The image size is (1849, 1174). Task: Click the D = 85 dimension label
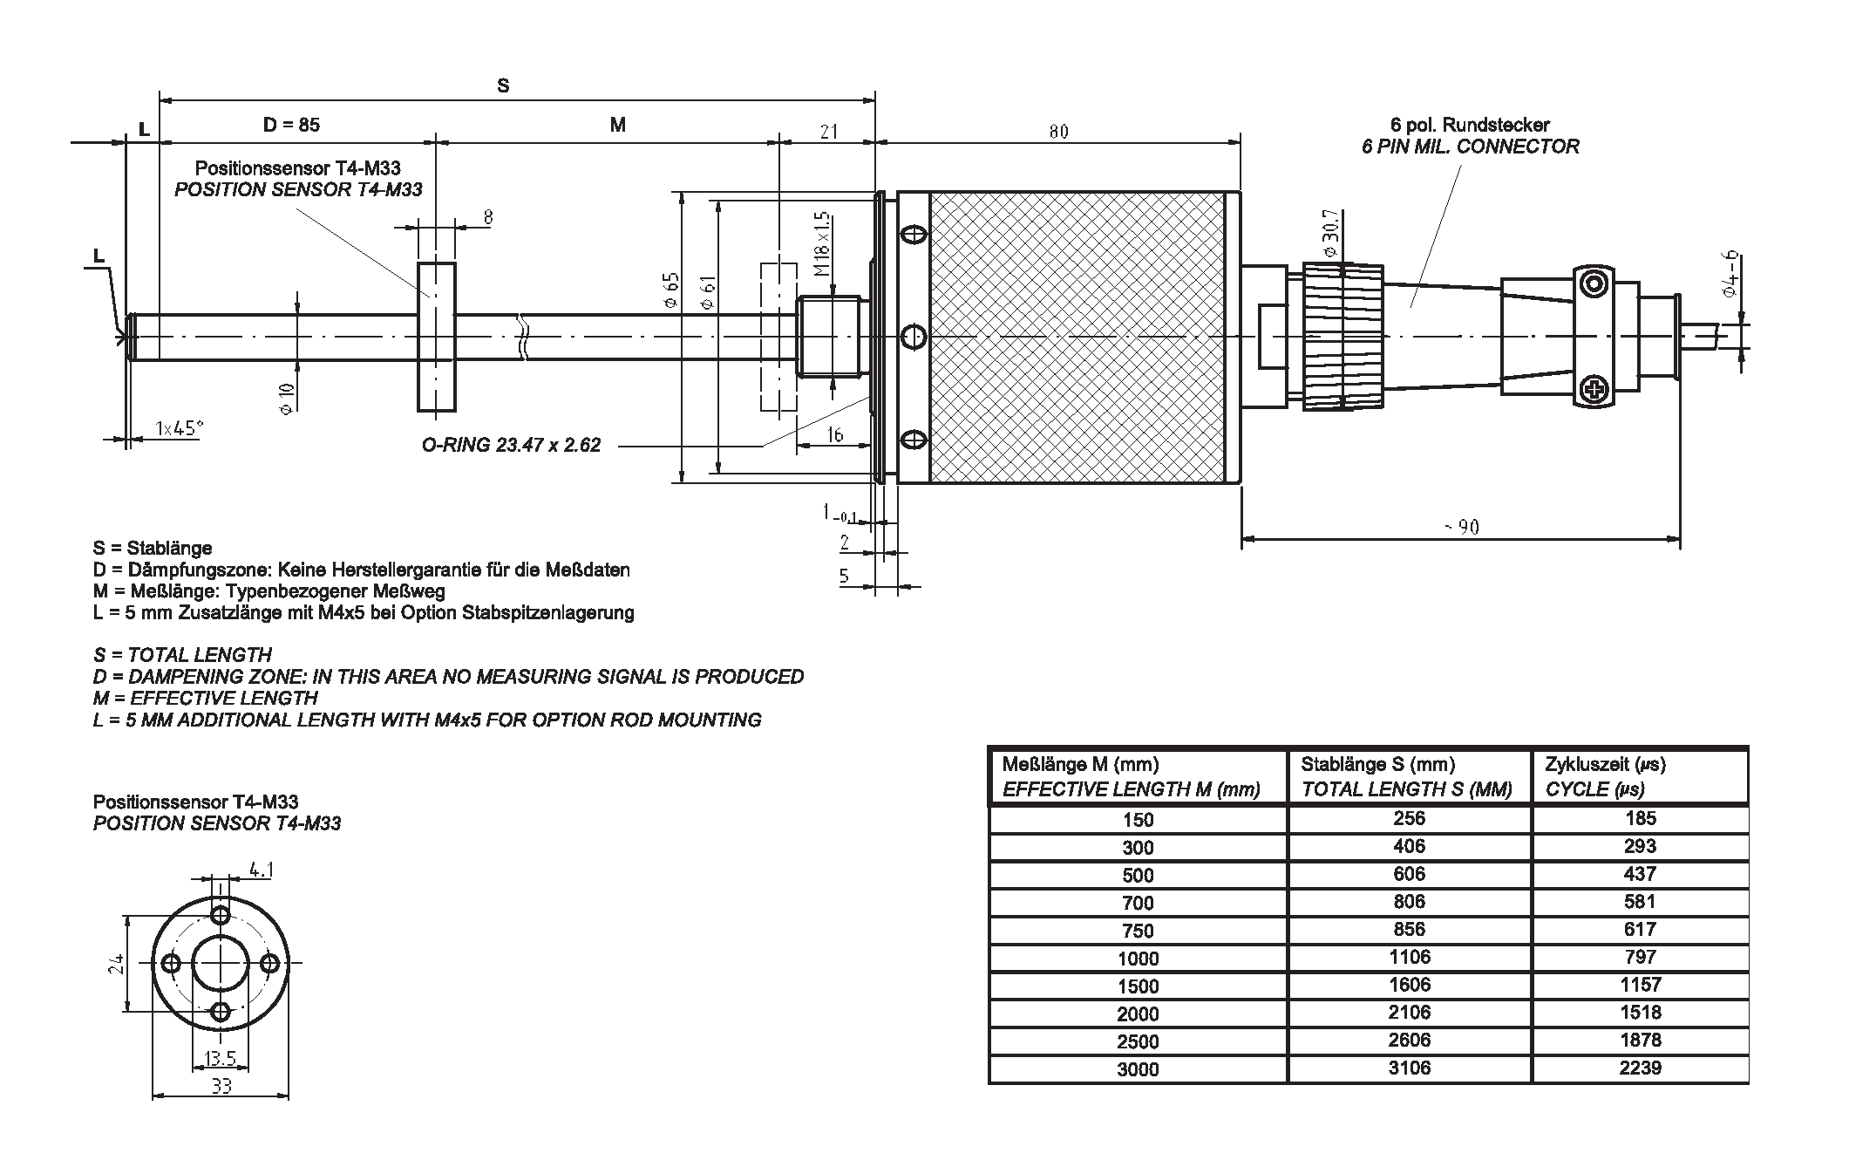coord(291,125)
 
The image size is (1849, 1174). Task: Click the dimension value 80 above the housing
coord(1058,131)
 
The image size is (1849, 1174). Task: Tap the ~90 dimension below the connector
coord(1461,527)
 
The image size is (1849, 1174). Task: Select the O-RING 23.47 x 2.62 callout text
coord(511,445)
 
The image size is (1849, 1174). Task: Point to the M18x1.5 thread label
coord(822,243)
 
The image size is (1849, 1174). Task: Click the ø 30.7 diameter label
coord(1330,233)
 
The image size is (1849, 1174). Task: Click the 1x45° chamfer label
coord(179,427)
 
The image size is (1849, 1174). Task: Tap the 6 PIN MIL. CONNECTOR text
coord(1470,147)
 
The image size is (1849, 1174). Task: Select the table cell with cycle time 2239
coord(1640,1068)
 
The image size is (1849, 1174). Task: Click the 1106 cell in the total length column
coord(1409,957)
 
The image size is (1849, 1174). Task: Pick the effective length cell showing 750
coord(1138,931)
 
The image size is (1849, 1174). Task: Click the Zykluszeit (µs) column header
coord(1605,765)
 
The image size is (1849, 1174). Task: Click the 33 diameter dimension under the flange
coord(221,1087)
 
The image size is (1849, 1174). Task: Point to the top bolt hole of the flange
coord(221,914)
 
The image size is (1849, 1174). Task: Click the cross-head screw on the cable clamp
coord(1594,389)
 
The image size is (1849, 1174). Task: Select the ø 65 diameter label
coord(670,290)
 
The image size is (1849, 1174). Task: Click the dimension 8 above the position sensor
coord(488,217)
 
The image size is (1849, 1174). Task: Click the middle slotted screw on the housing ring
coord(913,337)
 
